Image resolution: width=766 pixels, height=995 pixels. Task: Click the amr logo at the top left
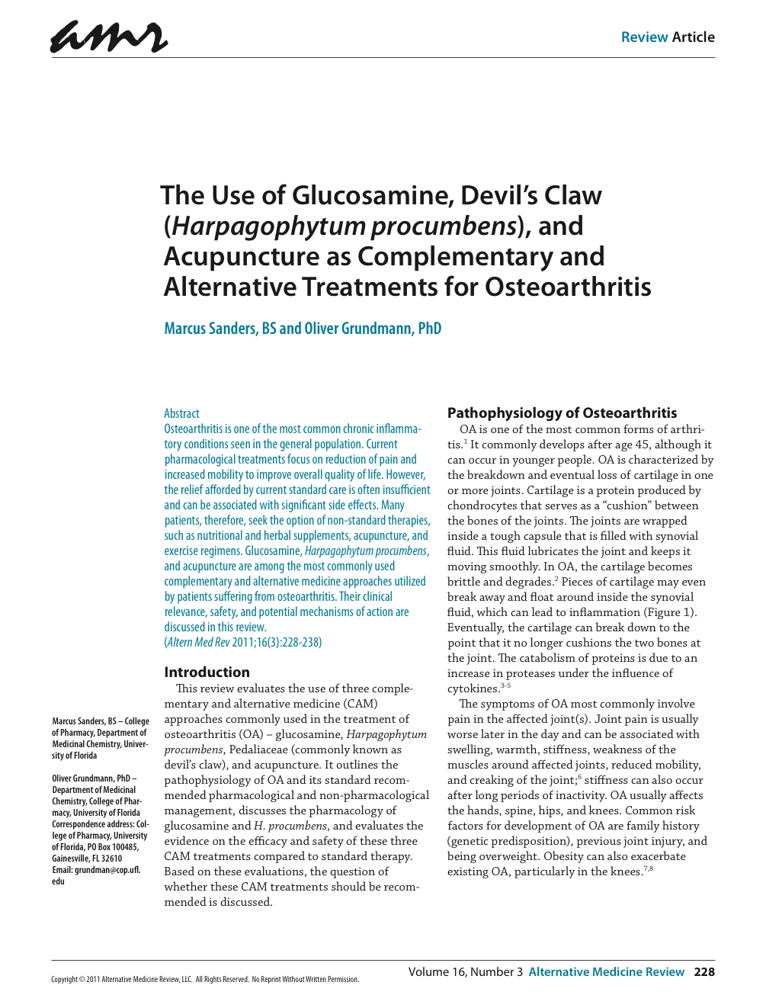point(109,37)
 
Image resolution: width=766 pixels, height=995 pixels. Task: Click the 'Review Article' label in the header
point(668,37)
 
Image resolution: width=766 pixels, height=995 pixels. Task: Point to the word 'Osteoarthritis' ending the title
point(568,287)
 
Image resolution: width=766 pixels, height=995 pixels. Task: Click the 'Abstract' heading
point(181,413)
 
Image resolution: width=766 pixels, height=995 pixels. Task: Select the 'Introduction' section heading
point(207,672)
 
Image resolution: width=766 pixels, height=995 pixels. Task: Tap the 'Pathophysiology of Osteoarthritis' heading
point(562,412)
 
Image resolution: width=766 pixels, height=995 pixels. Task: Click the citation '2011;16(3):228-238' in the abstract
point(277,642)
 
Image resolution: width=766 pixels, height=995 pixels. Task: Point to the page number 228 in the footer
point(704,971)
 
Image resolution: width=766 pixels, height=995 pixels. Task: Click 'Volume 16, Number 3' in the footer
point(465,971)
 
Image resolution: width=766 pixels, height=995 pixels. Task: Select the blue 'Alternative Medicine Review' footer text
point(607,971)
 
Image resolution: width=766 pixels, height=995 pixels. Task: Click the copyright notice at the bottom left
point(204,980)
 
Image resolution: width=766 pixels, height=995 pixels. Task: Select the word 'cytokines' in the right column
point(473,689)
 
